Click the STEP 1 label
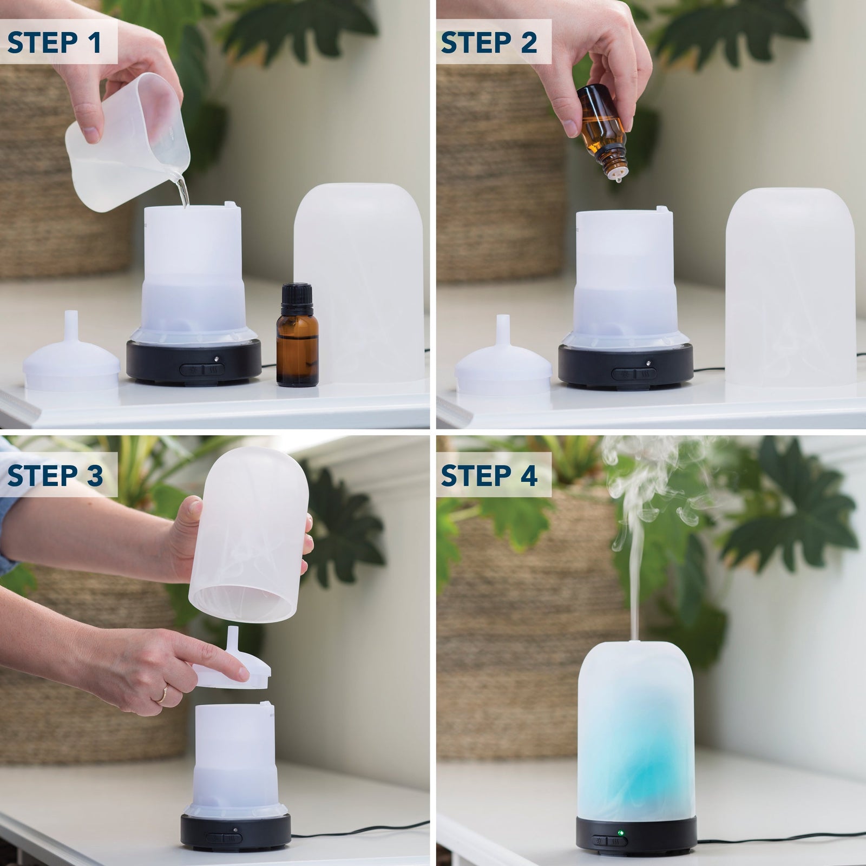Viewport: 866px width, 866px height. pos(54,42)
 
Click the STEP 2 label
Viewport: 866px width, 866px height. pos(488,42)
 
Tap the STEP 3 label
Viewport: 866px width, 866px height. pos(55,475)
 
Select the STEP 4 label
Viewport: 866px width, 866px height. pos(489,475)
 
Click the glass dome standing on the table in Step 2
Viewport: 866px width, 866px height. pos(790,287)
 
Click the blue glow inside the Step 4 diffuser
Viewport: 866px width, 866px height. pos(636,758)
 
